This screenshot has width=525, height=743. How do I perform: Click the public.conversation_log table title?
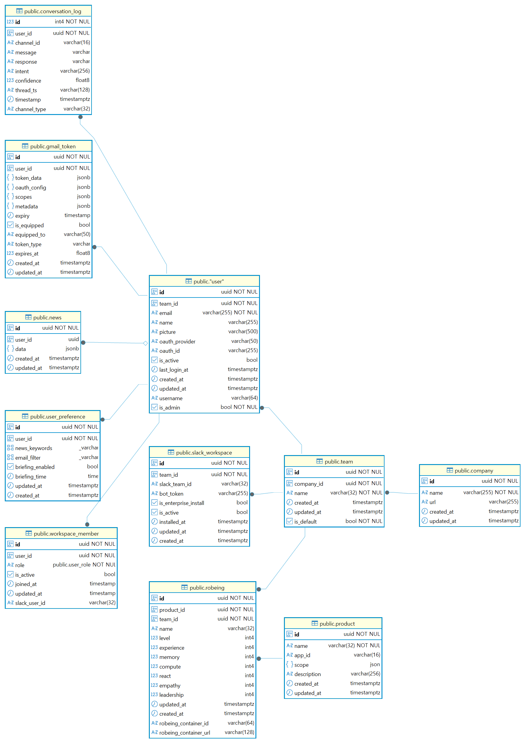[53, 11]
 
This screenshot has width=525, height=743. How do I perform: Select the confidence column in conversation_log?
[28, 80]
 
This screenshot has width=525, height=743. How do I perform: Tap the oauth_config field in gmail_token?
[31, 187]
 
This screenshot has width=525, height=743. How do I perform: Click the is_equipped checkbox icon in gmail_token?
[10, 225]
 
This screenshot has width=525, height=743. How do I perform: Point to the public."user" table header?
[209, 282]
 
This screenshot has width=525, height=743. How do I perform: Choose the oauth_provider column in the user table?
[177, 341]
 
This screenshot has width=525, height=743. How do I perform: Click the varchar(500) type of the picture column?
[243, 331]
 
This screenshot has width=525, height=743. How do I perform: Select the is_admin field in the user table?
[170, 407]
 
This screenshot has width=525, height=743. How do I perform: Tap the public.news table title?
[47, 317]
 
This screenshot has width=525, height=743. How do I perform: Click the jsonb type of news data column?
[72, 349]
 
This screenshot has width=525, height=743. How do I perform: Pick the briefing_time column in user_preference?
[31, 476]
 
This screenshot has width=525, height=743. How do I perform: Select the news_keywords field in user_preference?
[34, 448]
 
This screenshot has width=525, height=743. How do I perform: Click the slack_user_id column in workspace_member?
[30, 603]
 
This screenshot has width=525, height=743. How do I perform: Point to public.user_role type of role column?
[84, 565]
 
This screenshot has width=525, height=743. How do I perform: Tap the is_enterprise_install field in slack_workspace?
[182, 503]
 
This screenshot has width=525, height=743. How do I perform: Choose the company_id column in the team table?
[309, 484]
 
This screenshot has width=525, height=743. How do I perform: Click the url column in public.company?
[433, 502]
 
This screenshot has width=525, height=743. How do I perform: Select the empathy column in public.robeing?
[170, 685]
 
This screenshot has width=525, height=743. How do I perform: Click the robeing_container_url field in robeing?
[185, 733]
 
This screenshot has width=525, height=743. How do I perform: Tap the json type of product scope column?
[375, 664]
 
